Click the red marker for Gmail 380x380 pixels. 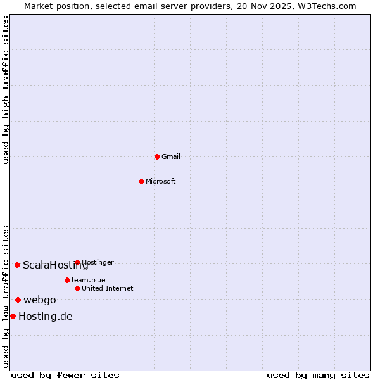[157, 156]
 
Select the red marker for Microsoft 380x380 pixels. [141, 181]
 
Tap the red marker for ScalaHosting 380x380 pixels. [17, 265]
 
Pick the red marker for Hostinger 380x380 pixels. [77, 262]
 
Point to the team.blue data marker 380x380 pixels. [67, 280]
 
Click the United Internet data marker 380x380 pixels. [77, 288]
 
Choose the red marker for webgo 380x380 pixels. [18, 300]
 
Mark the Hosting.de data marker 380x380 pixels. [13, 316]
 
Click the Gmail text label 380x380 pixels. [171, 156]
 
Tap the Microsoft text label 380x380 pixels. [161, 181]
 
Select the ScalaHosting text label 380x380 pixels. [56, 265]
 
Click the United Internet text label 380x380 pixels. [108, 288]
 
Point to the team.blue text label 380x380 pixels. [89, 280]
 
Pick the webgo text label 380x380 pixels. [40, 300]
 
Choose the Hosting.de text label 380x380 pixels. [46, 316]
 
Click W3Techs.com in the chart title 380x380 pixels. [327, 6]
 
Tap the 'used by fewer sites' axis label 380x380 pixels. [65, 375]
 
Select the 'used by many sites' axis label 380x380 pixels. [318, 375]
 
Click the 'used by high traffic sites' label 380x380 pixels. [6, 90]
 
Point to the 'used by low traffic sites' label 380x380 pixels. [6, 296]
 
